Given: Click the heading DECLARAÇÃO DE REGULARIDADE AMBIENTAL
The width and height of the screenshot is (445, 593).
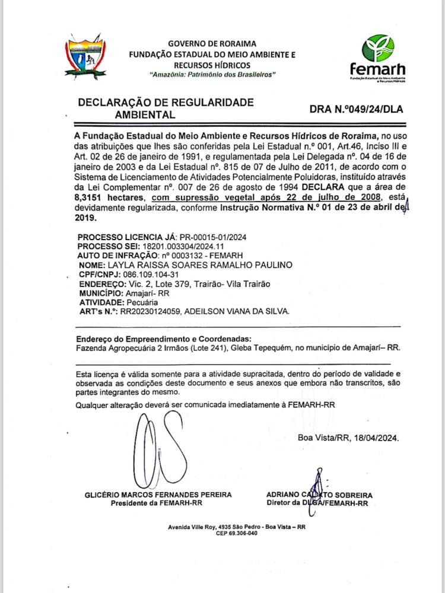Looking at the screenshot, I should point(166,108).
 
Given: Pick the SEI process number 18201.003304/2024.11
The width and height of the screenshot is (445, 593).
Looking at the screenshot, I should point(186,246).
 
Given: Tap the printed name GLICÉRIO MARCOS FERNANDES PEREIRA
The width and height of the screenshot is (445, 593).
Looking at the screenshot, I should point(158,495).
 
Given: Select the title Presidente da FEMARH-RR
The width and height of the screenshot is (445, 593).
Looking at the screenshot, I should point(157,503).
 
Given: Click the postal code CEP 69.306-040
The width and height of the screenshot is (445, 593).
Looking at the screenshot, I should point(237,533).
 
